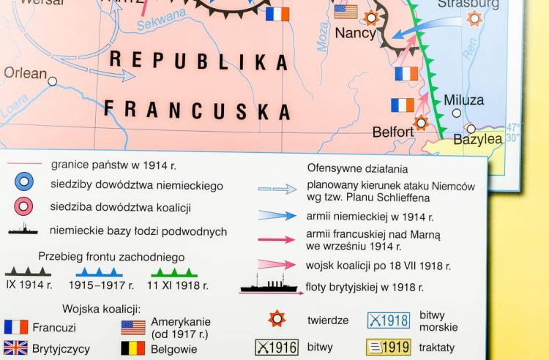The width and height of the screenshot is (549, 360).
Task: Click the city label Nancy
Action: (x=355, y=33)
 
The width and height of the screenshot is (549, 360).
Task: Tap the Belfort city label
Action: (x=393, y=132)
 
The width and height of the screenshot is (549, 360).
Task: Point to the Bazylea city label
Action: (x=478, y=138)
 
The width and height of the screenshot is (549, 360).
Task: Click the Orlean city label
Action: (x=25, y=72)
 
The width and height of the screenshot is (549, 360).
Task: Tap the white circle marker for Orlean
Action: (x=52, y=81)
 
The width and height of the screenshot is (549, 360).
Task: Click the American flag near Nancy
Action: (x=346, y=12)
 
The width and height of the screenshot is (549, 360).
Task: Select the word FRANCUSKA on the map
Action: (x=197, y=110)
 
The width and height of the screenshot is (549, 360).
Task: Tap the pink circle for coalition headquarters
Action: (x=24, y=206)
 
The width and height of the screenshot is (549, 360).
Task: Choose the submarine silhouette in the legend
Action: (x=23, y=230)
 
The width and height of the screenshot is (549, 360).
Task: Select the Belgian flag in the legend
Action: (x=132, y=348)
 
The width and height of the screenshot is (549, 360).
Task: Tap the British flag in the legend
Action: (x=15, y=348)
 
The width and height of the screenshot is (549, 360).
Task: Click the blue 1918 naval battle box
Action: (x=388, y=320)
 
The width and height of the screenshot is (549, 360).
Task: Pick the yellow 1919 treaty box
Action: (x=388, y=347)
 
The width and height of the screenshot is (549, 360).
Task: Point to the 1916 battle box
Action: (x=276, y=347)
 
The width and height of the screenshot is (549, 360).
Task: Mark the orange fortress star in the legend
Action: (x=276, y=318)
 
